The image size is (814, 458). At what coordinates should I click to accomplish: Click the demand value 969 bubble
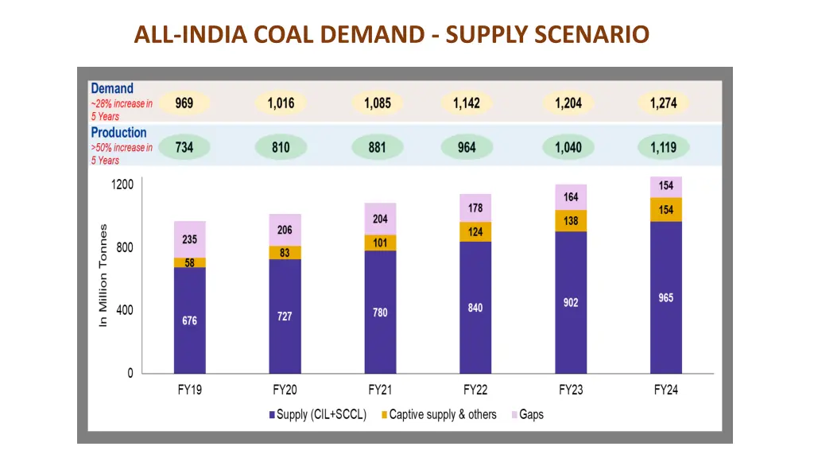184,103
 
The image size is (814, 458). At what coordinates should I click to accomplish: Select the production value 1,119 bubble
663,147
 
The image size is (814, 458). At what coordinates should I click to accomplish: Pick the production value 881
377,147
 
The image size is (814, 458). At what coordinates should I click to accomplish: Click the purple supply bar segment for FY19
190,320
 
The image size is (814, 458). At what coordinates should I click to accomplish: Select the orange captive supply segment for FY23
571,221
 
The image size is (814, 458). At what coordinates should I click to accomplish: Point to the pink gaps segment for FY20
285,230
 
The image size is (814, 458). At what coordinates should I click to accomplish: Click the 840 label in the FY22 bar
475,308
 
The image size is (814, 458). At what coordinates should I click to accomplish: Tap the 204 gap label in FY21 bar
380,219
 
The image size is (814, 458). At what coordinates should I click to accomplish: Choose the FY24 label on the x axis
666,390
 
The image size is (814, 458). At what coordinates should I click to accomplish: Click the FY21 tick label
380,390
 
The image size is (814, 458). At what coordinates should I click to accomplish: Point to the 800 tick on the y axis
125,247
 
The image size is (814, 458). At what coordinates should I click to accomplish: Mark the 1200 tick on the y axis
122,184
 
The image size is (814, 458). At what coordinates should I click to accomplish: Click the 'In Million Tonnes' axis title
103,275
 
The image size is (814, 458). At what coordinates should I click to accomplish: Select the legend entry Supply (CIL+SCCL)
318,414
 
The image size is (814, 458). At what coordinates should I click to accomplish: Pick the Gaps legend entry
527,414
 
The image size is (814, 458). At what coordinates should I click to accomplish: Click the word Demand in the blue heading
112,88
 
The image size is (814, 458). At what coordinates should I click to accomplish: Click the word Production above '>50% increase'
118,133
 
